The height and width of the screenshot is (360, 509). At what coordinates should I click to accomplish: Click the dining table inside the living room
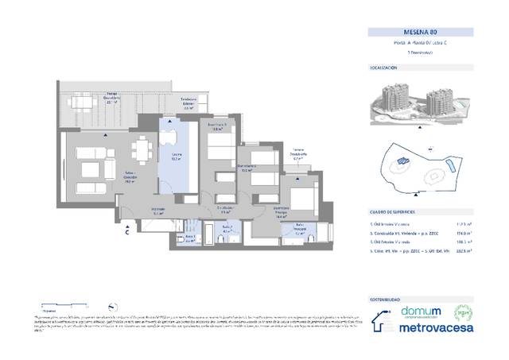coord(143,148)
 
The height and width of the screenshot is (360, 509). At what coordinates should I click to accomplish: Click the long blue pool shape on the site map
coord(451,167)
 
